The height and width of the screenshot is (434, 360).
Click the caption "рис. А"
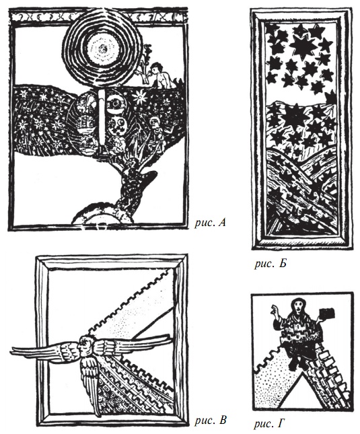[210, 223]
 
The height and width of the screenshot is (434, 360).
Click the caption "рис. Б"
[271, 264]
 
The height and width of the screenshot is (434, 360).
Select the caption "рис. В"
[211, 420]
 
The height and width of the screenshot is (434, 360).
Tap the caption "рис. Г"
[269, 423]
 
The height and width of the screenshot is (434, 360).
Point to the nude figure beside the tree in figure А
[161, 75]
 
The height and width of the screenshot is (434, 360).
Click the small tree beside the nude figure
[146, 64]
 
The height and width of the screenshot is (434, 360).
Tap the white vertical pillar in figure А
[102, 120]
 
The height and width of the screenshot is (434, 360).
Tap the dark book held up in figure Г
[327, 314]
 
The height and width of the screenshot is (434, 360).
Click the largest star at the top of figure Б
[303, 46]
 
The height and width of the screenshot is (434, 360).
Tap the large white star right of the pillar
[140, 97]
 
